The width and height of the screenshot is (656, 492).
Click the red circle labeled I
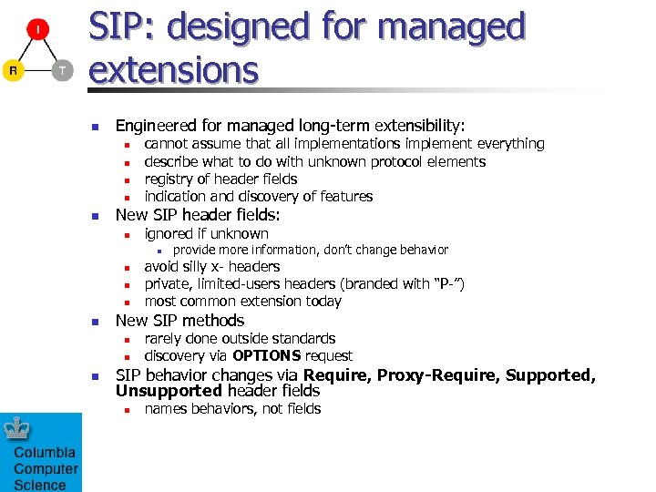[37, 29]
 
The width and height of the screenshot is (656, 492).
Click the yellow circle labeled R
[13, 71]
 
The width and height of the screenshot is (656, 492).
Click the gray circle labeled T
[62, 71]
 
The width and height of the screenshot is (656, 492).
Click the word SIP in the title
[120, 27]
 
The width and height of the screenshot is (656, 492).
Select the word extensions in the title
[173, 69]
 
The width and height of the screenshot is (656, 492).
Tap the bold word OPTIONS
[267, 356]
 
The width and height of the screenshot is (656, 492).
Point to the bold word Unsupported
[169, 392]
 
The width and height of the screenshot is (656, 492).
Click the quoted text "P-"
[448, 284]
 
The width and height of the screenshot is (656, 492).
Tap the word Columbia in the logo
[45, 453]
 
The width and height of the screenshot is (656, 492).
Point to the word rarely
[166, 339]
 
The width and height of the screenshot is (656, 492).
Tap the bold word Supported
[548, 375]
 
